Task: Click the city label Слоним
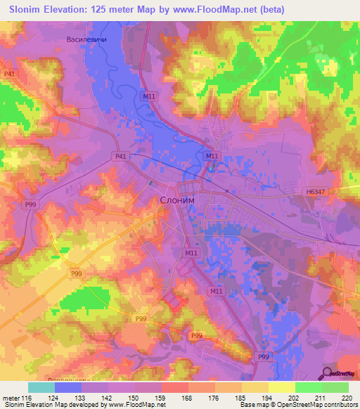coord(174,200)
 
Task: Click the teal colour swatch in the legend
coord(41,387)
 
